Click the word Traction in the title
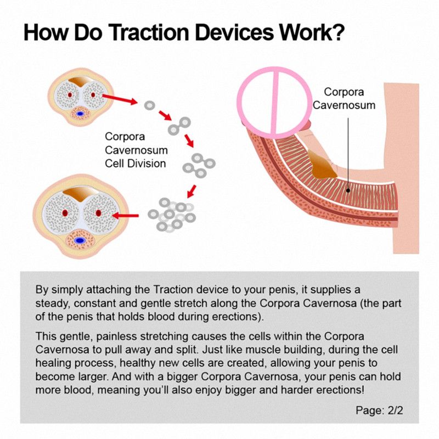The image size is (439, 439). (149, 32)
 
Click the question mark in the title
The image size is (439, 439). (339, 32)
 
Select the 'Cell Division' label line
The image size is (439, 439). (135, 164)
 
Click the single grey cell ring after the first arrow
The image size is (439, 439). (149, 105)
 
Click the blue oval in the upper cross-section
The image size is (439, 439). (81, 114)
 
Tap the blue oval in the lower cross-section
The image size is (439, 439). (80, 240)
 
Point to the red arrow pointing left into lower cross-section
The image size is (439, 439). (125, 216)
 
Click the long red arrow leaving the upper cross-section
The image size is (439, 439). (120, 99)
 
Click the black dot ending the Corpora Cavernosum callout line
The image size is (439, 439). (348, 190)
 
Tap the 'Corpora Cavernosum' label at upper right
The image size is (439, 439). (344, 98)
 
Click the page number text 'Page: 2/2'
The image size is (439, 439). (379, 410)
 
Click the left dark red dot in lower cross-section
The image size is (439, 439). (65, 213)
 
